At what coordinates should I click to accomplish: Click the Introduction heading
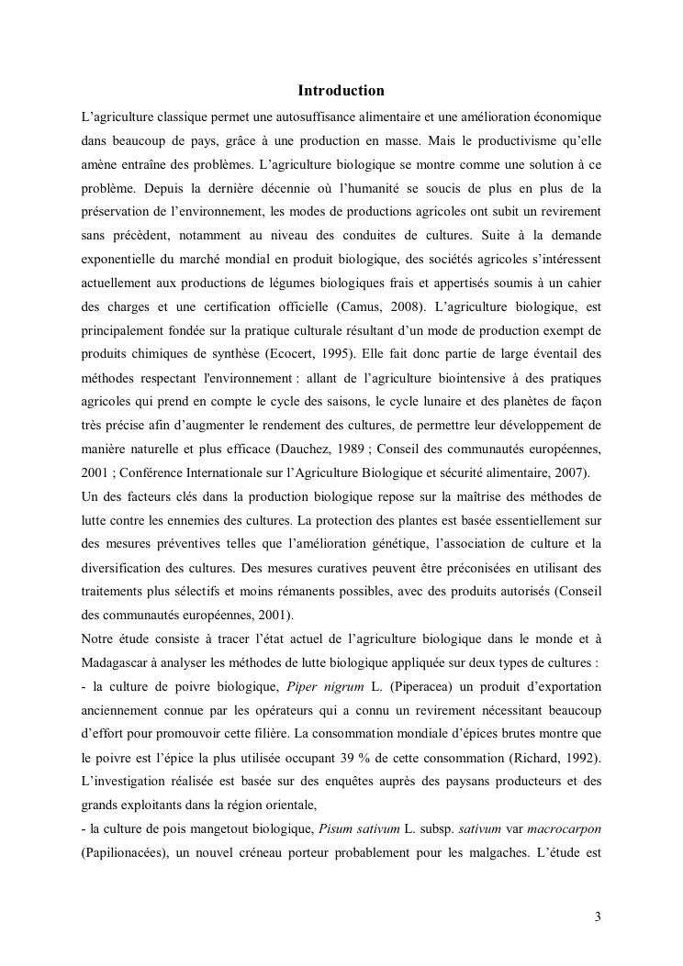point(341,91)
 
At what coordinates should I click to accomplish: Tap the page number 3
point(598,916)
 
